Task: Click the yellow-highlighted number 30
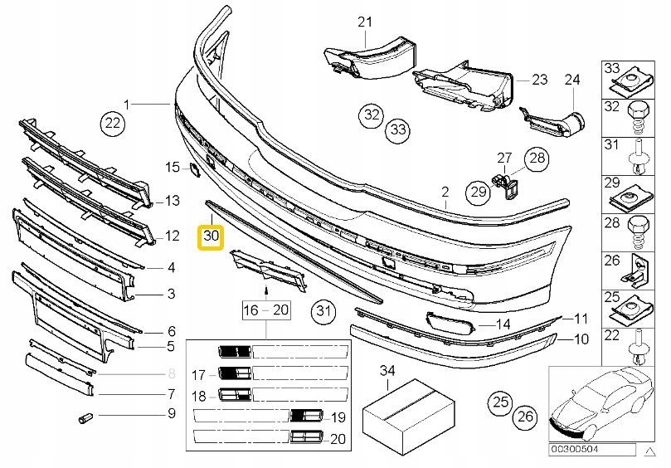[211, 236]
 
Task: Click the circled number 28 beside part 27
[537, 159]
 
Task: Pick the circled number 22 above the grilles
[112, 124]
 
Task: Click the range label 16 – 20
[265, 311]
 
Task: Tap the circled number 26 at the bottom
[523, 416]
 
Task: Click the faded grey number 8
[172, 373]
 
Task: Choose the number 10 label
[581, 339]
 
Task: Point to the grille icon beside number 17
[234, 373]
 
